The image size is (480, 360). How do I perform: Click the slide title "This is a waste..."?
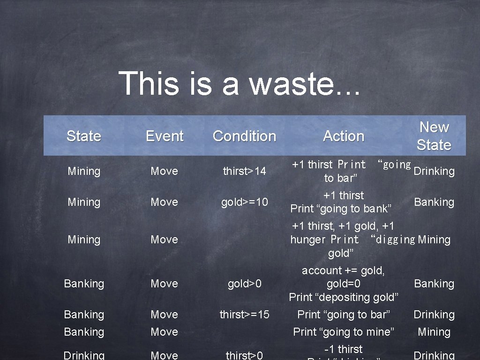pyautogui.click(x=240, y=83)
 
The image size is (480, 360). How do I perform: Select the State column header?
pyautogui.click(x=84, y=136)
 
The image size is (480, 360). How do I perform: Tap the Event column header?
pyautogui.click(x=165, y=136)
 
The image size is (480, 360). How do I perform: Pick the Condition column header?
pyautogui.click(x=244, y=136)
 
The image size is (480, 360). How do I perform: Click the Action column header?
pyautogui.click(x=344, y=136)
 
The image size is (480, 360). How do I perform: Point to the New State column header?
pyautogui.click(x=434, y=136)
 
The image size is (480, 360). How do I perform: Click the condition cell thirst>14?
pyautogui.click(x=244, y=171)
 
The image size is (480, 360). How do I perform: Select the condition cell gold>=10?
pyautogui.click(x=244, y=202)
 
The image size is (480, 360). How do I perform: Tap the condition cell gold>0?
pyautogui.click(x=244, y=284)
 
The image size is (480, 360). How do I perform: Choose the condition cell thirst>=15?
pyautogui.click(x=244, y=315)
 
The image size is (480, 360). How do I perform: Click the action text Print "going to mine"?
pyautogui.click(x=344, y=332)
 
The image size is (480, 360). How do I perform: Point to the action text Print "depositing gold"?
pyautogui.click(x=344, y=297)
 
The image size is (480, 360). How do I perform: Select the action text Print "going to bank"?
pyautogui.click(x=341, y=209)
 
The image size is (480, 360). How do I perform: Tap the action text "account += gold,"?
pyautogui.click(x=344, y=270)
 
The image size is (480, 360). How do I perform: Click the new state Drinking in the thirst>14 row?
pyautogui.click(x=434, y=171)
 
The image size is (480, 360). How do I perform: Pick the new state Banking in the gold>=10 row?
pyautogui.click(x=434, y=202)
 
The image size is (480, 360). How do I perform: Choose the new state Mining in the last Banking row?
pyautogui.click(x=434, y=332)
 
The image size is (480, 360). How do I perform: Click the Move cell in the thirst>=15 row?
pyautogui.click(x=165, y=315)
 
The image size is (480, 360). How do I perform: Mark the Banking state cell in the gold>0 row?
pyautogui.click(x=84, y=284)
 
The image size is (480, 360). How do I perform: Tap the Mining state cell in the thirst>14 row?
pyautogui.click(x=84, y=171)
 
